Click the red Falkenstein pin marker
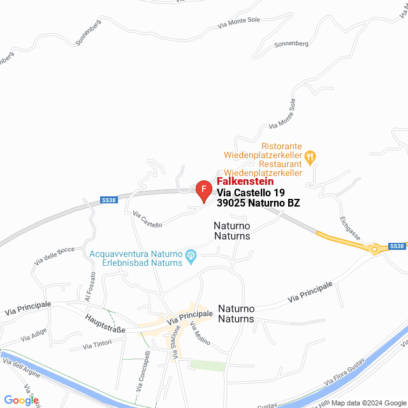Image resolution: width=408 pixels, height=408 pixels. coord(203,190)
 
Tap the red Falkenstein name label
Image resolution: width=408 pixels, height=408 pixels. coord(245,182)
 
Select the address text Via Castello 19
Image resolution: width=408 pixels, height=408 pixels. coord(251,193)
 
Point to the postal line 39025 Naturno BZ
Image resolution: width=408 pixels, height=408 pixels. coord(258,203)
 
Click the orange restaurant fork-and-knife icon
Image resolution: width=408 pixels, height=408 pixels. coord(310,155)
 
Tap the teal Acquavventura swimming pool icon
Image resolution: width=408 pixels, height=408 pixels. coord(191,258)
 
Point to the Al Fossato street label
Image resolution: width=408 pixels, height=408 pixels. coord(89,287)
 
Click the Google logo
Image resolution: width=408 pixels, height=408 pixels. coord(20,400)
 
